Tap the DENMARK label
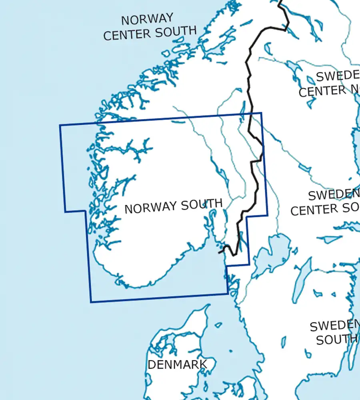pyautogui.click(x=177, y=364)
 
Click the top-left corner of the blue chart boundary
pyautogui.click(x=60, y=125)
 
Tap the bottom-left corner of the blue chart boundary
pyautogui.click(x=91, y=302)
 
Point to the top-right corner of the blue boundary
pyautogui.click(x=262, y=113)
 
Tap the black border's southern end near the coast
pyautogui.click(x=220, y=252)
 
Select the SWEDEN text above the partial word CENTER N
pyautogui.click(x=338, y=76)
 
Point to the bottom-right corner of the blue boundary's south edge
pyautogui.click(x=228, y=294)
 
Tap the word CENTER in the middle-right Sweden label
pyautogui.click(x=314, y=210)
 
